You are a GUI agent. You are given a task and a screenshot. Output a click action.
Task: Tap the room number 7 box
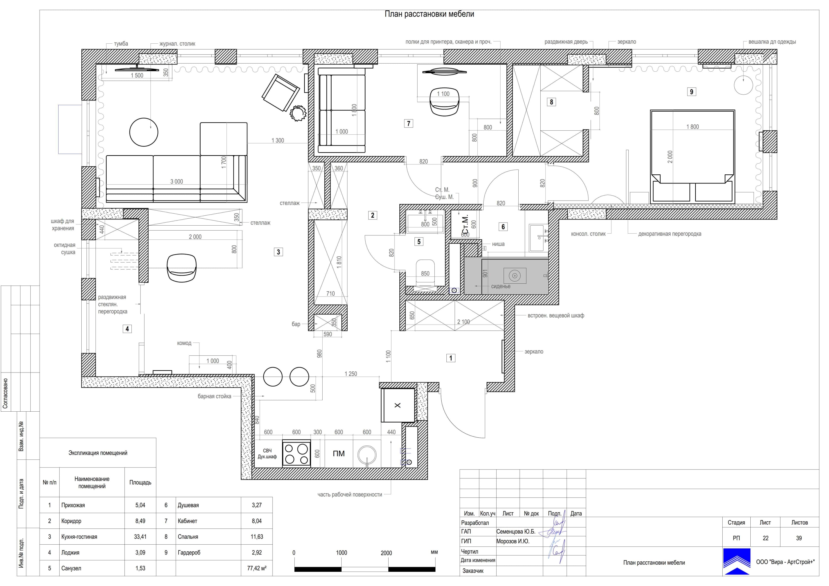click(x=408, y=123)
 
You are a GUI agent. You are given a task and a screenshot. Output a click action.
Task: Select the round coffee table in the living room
click(x=144, y=132)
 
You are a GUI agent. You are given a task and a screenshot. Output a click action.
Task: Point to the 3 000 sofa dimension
click(x=177, y=182)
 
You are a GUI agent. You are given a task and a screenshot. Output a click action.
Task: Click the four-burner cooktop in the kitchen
click(x=296, y=454)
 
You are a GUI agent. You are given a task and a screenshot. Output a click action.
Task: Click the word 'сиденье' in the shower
click(x=501, y=286)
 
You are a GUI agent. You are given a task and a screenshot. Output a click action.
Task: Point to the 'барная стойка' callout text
click(x=214, y=396)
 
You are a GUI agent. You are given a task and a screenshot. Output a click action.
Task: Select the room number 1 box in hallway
click(x=451, y=358)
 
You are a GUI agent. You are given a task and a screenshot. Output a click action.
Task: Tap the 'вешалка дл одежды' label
click(x=772, y=42)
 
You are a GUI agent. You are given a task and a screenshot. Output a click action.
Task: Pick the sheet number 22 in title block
click(x=766, y=538)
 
